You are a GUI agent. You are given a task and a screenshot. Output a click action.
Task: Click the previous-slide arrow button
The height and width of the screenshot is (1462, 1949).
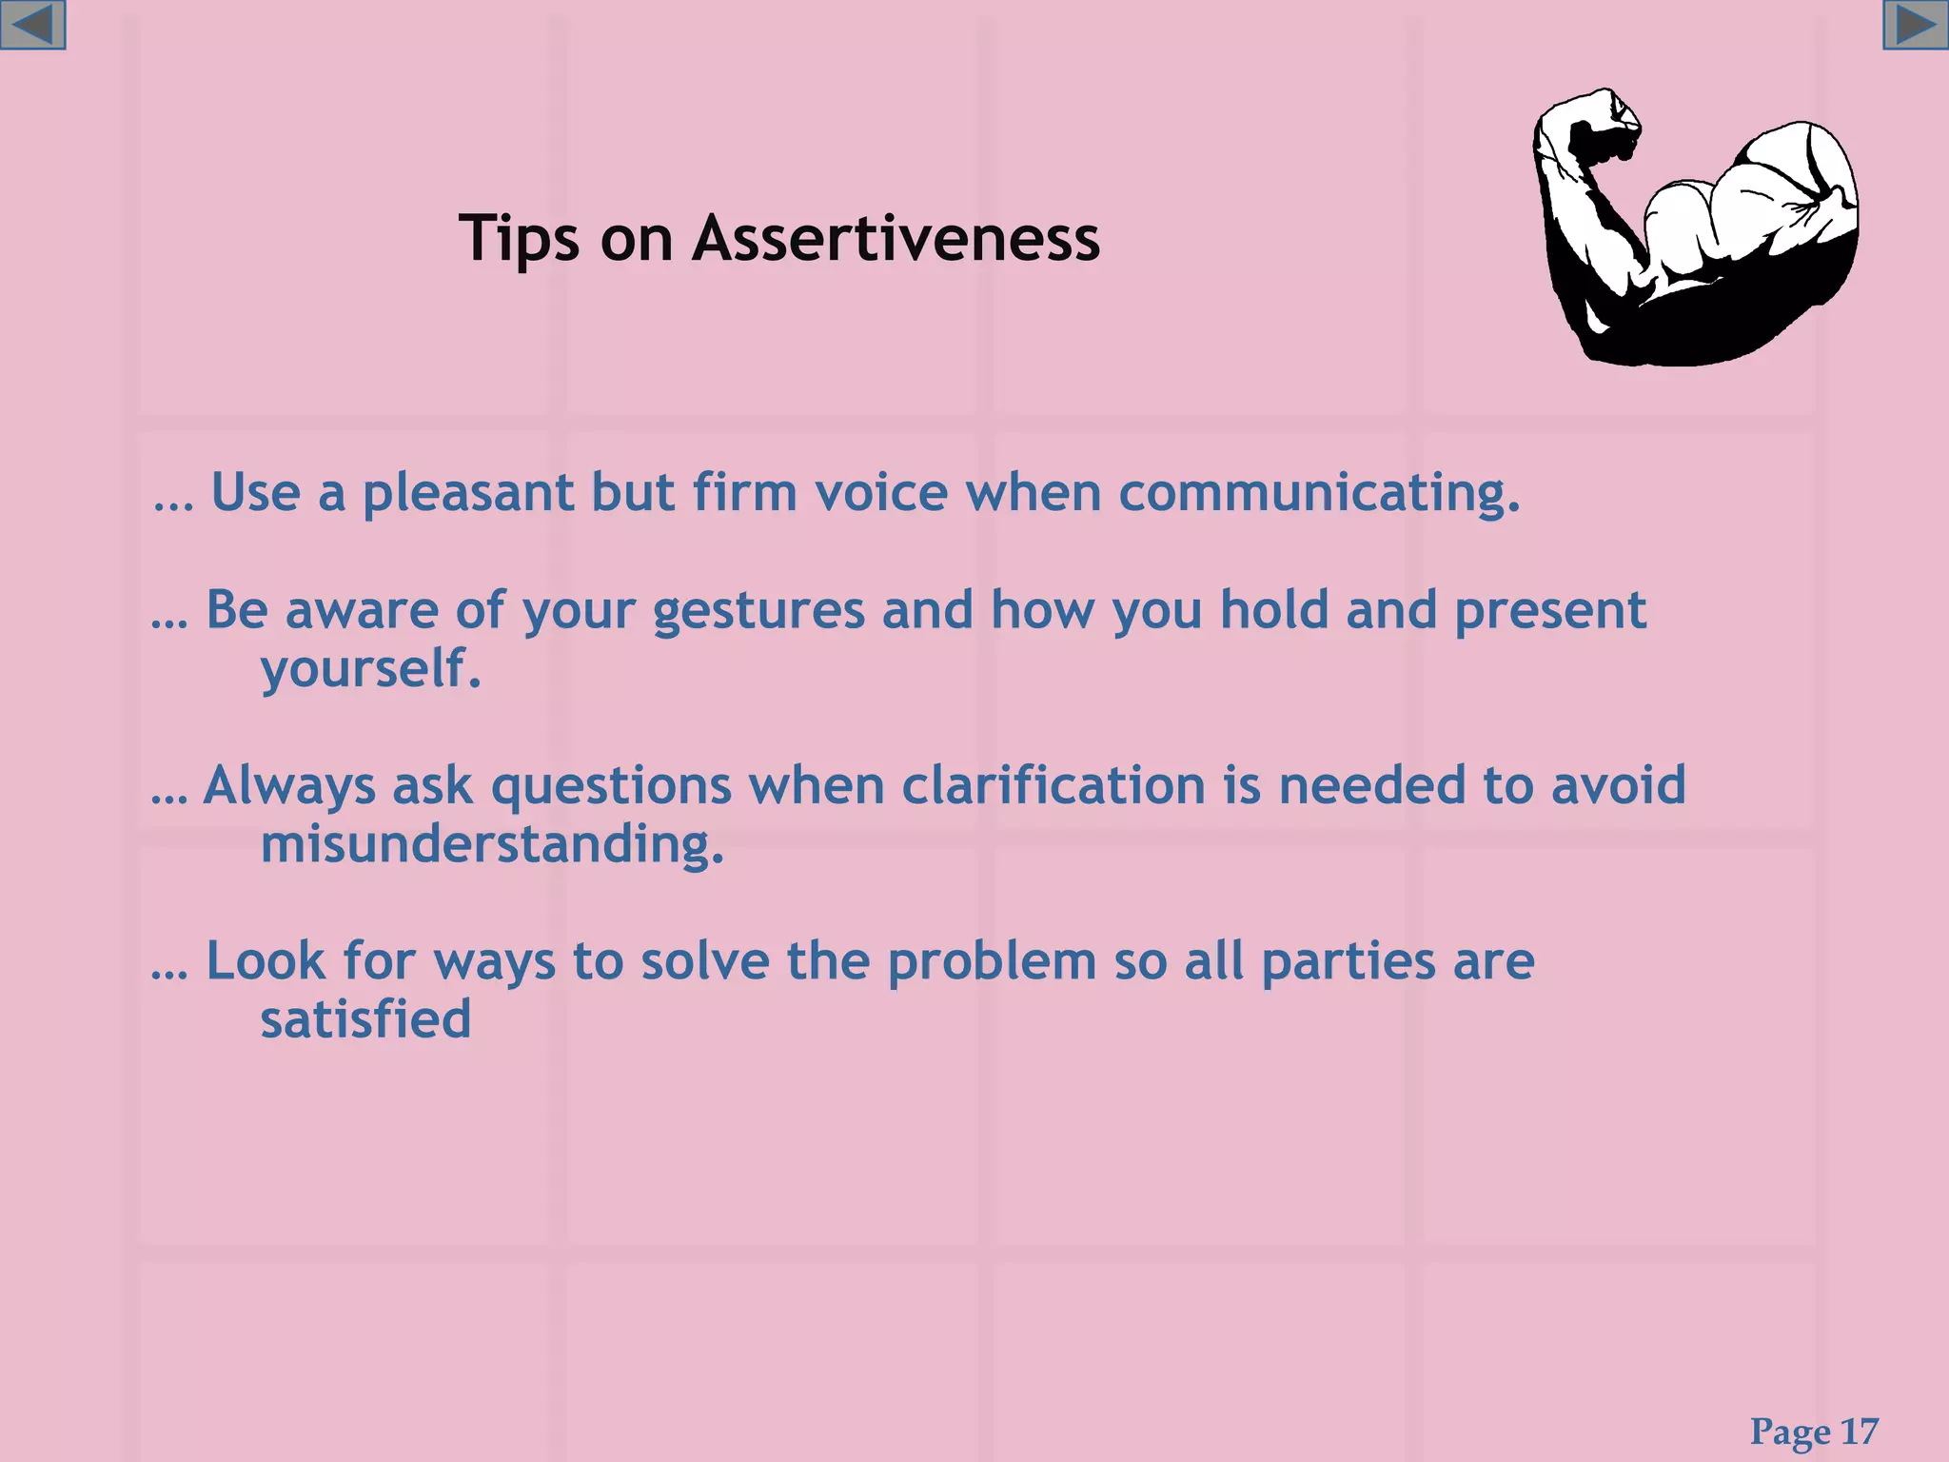[32, 25]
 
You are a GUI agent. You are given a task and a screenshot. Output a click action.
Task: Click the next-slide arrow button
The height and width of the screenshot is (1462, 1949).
[1916, 25]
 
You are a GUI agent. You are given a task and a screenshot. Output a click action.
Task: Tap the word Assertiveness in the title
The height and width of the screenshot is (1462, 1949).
[896, 238]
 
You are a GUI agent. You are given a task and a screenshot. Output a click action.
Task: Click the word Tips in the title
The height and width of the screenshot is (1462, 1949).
[519, 238]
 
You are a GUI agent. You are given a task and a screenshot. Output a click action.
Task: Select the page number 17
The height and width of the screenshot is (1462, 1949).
[1860, 1432]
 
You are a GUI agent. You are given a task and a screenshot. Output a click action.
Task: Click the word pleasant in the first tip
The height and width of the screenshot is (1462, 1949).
[468, 493]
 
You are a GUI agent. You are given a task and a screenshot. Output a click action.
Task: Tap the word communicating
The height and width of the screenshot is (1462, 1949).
[1319, 493]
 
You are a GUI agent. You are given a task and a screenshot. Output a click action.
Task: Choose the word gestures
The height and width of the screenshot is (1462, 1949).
[758, 610]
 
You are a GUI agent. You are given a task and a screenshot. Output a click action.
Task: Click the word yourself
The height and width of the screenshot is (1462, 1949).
[371, 669]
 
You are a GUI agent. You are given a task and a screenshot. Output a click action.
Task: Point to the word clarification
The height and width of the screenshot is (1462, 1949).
[1053, 786]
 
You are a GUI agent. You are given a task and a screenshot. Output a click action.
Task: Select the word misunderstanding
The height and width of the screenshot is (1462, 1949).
[492, 844]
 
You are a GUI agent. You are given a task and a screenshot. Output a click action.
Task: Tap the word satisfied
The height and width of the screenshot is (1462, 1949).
[365, 1019]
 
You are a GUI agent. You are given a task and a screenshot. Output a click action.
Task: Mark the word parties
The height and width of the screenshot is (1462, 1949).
[1349, 961]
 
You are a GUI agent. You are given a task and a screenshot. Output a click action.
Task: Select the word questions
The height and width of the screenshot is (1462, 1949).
[611, 786]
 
